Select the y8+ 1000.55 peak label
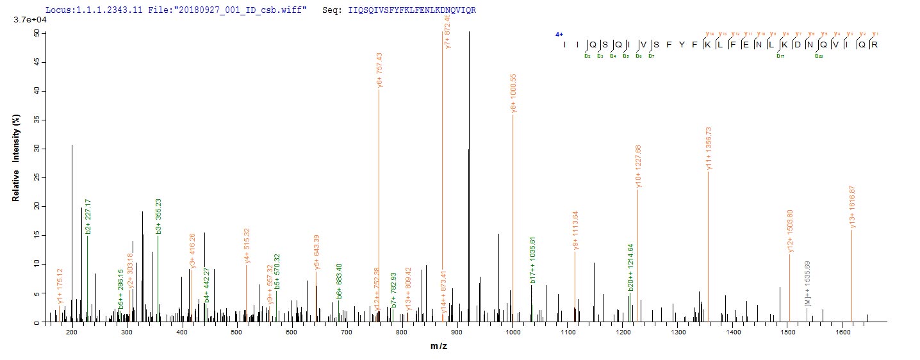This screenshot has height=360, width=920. pyautogui.click(x=514, y=94)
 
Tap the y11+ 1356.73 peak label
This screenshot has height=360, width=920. pyautogui.click(x=709, y=148)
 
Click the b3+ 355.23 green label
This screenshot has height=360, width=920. pyautogui.click(x=158, y=217)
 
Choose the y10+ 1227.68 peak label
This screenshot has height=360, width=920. pyautogui.click(x=638, y=167)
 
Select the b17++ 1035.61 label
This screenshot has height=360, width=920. pyautogui.click(x=532, y=265)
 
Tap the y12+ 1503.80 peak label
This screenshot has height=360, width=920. pyautogui.click(x=790, y=231)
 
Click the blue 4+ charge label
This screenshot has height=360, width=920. pyautogui.click(x=559, y=35)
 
